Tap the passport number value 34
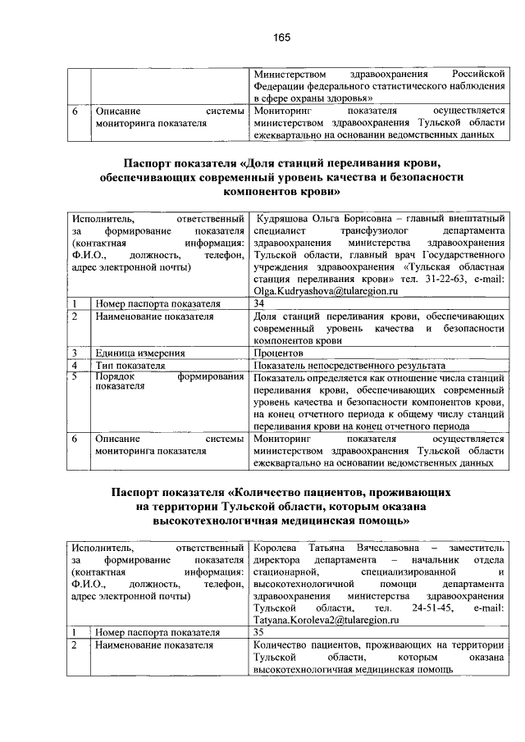(x=260, y=303)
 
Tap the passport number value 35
(x=260, y=633)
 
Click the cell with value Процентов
(x=279, y=353)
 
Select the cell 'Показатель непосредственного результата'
(x=349, y=365)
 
